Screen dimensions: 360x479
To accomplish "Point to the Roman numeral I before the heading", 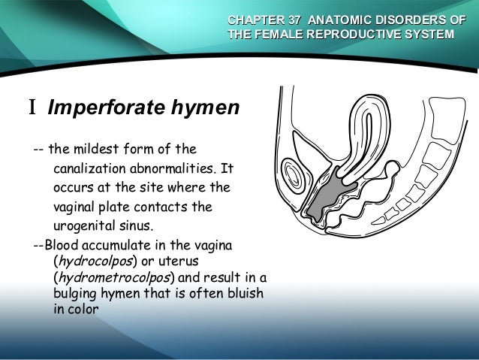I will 32,109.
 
